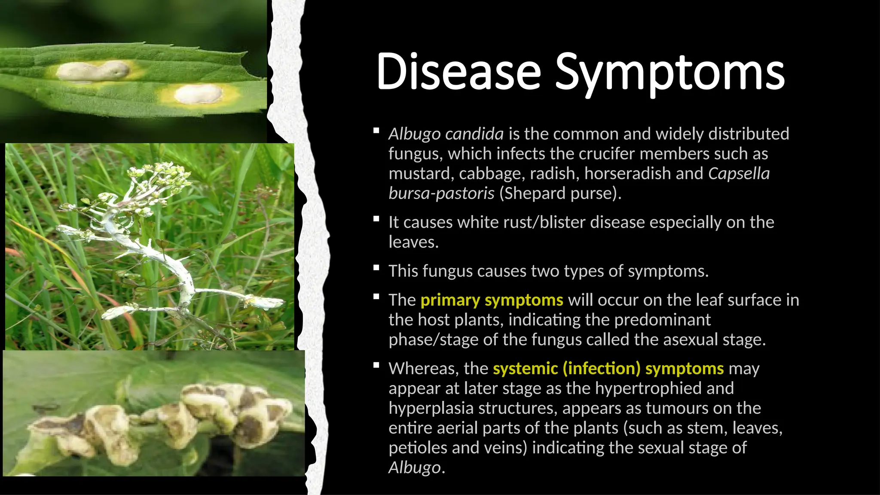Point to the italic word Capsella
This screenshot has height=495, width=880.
[739, 174]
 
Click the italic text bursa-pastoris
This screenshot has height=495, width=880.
[441, 193]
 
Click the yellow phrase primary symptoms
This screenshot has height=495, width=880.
[492, 300]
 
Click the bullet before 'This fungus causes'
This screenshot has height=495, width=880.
[376, 268]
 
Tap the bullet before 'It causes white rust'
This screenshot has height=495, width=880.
[376, 219]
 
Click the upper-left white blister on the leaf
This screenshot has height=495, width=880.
[93, 71]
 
